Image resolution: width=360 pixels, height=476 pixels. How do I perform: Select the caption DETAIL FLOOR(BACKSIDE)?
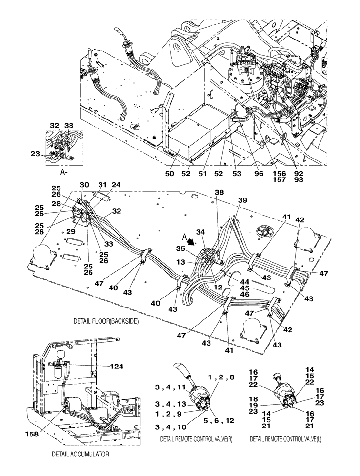(x=106, y=321)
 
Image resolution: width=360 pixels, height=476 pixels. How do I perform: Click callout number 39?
(x=242, y=200)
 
